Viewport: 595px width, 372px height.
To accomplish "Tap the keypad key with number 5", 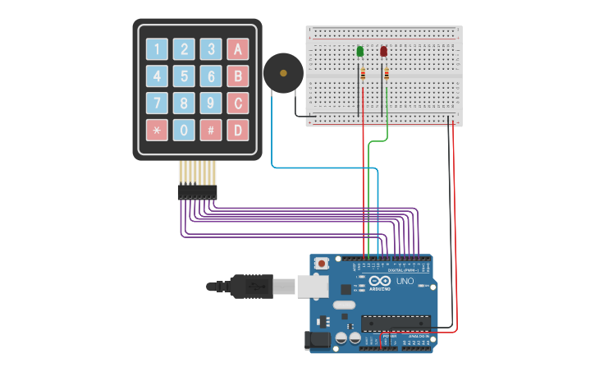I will (x=185, y=76).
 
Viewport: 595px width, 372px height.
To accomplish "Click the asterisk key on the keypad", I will (x=157, y=130).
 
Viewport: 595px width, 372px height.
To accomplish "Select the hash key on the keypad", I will (x=211, y=130).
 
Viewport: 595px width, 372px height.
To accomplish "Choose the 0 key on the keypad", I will (x=185, y=130).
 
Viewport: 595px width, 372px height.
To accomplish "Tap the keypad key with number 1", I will (x=157, y=49).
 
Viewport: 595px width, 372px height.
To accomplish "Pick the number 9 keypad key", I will (x=211, y=103).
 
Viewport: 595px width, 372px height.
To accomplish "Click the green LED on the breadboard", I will (x=360, y=52).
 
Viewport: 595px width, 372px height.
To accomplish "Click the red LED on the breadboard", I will (x=383, y=52).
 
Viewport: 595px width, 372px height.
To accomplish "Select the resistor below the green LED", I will (x=361, y=75).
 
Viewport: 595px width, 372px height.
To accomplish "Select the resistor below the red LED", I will (x=385, y=75).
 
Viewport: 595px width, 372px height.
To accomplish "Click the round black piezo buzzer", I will (x=283, y=73).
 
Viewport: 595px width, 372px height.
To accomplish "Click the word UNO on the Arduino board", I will (x=405, y=281).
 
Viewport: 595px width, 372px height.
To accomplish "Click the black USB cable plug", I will (x=247, y=286).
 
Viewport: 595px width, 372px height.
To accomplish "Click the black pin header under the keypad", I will (x=197, y=192).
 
